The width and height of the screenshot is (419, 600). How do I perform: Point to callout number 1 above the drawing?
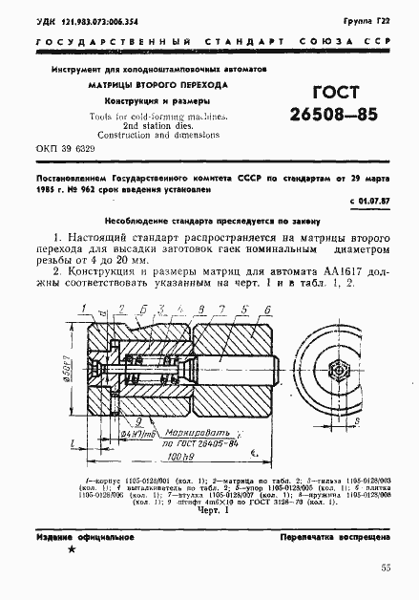click(85, 308)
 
